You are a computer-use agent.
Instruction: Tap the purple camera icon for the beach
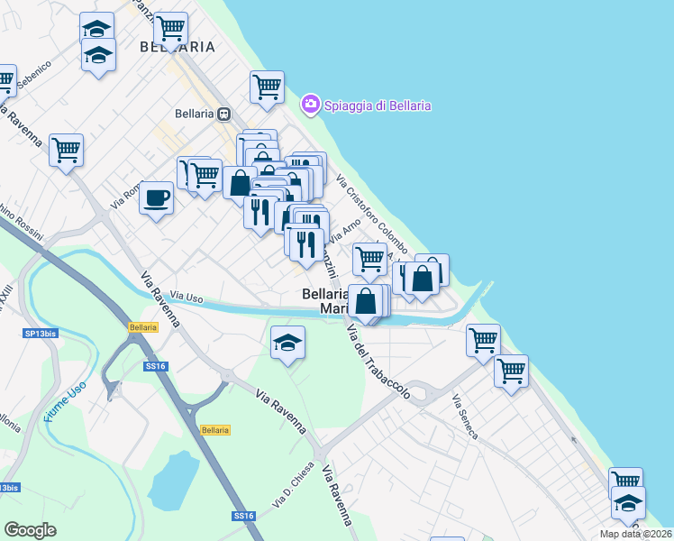(311, 105)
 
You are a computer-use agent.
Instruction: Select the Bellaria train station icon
(223, 114)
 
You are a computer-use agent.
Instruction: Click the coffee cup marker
(157, 197)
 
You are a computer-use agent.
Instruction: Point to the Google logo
(30, 530)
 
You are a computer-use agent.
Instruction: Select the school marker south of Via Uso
(287, 342)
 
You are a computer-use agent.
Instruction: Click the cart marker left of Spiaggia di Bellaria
(267, 87)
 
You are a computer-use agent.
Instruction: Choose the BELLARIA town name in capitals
(178, 46)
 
